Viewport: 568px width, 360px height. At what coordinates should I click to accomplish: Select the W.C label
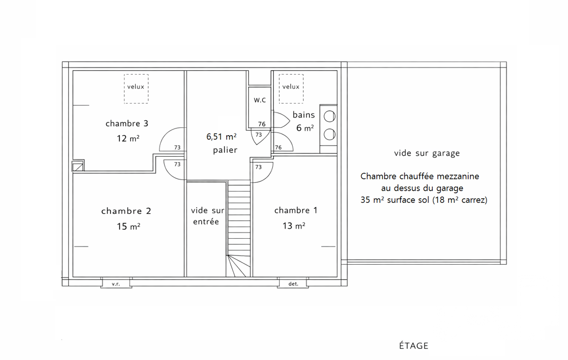click(260, 100)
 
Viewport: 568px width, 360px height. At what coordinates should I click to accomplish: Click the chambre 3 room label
click(127, 124)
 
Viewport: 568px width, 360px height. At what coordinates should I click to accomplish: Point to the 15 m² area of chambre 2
click(128, 227)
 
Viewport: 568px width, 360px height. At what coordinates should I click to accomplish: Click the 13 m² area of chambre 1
click(294, 225)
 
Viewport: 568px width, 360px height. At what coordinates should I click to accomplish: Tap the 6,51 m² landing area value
click(221, 137)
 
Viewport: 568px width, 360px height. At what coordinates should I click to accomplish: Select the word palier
click(225, 150)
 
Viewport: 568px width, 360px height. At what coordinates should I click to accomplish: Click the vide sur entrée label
click(207, 216)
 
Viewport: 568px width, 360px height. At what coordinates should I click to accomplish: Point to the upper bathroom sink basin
click(329, 117)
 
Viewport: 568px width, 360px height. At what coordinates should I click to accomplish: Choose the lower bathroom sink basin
click(329, 135)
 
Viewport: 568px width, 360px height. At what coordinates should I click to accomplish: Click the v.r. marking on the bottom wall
click(116, 284)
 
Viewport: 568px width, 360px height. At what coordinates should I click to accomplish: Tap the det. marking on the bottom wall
click(293, 284)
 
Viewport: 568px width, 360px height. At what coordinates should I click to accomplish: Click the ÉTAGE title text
click(414, 346)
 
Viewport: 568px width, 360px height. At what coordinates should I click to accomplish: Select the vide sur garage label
click(427, 153)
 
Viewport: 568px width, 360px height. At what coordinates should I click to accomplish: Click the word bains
click(304, 115)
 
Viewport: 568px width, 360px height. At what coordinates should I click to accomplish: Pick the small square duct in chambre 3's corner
click(78, 166)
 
